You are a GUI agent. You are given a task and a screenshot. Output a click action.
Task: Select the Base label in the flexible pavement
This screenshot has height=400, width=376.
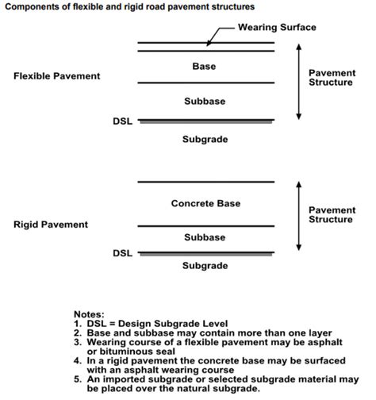[x=204, y=67]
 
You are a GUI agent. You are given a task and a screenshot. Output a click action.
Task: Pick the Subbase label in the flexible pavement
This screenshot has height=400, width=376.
[x=204, y=102]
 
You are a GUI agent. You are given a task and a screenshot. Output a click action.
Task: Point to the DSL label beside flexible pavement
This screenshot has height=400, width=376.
[x=123, y=121]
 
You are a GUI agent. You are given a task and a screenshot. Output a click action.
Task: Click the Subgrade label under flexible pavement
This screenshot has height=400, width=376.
[x=205, y=139]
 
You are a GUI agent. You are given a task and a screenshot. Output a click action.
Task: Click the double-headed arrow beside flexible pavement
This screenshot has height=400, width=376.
[x=298, y=81]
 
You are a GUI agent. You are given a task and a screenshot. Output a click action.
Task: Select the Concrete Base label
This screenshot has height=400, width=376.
[x=204, y=204]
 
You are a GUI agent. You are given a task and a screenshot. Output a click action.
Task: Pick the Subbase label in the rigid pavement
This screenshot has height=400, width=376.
[x=204, y=237]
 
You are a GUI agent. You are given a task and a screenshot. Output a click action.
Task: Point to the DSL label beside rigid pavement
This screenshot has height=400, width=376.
[x=123, y=253]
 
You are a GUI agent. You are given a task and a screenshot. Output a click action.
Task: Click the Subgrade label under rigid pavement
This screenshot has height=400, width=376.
[x=205, y=265]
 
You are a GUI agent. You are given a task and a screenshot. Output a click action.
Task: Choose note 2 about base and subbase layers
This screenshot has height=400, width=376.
[x=181, y=333]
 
